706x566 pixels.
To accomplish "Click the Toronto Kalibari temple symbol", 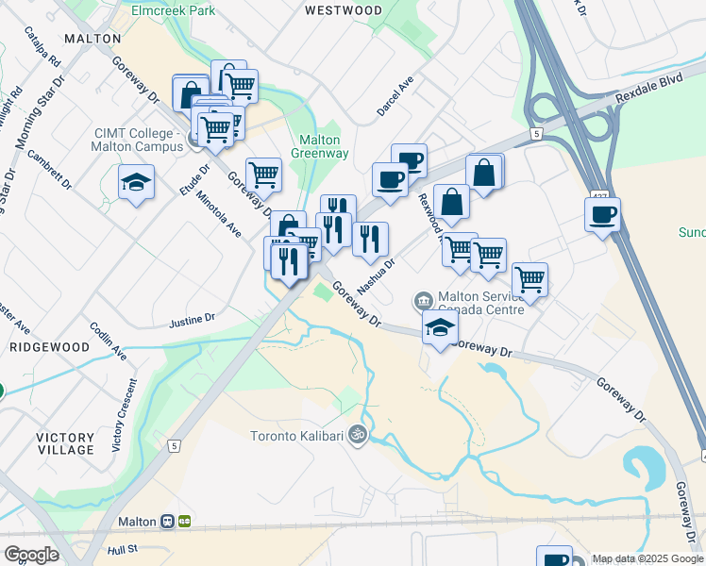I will pos(357,435).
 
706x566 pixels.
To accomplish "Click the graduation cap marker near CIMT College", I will pos(137,182).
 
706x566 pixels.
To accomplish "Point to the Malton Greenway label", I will pos(319,146).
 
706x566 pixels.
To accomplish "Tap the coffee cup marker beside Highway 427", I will pos(602,215).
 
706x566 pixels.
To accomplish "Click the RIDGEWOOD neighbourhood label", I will pos(49,347).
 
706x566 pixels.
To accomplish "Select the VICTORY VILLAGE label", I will pos(66,443).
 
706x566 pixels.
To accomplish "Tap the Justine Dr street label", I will pos(193,321).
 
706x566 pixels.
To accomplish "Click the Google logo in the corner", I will pos(30,554).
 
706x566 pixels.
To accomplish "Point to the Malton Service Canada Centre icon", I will pos(421,302).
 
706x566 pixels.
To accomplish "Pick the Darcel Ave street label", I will pos(395,96).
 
